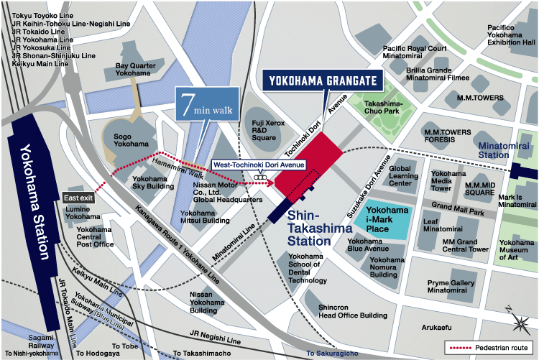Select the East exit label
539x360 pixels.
(78, 198)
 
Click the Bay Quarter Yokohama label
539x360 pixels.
(137, 70)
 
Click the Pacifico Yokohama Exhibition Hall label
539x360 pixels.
(511, 35)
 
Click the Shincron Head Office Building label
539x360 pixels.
(352, 311)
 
